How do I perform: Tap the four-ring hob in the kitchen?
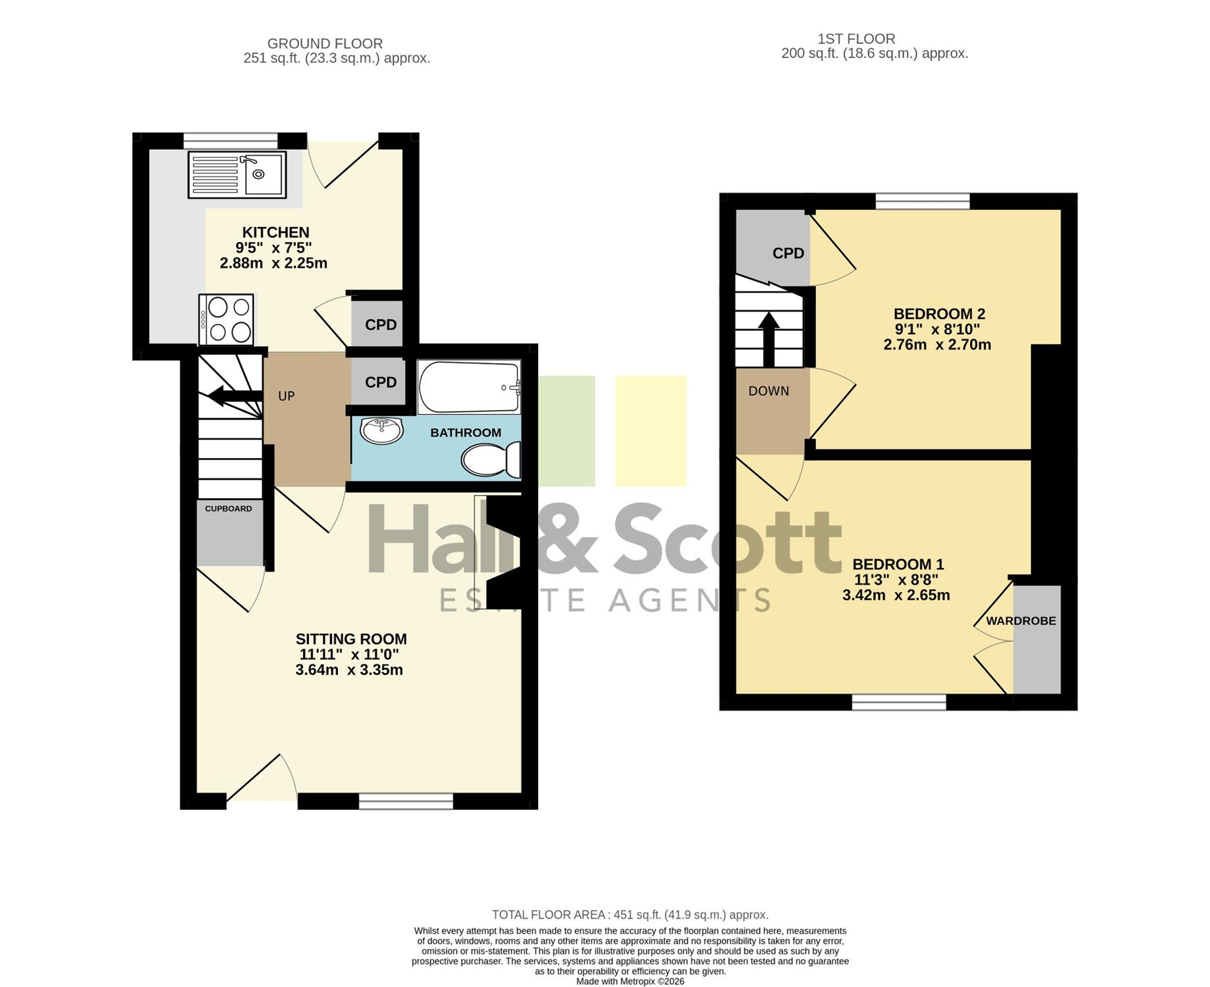(x=226, y=319)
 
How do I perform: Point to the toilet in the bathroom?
(x=491, y=459)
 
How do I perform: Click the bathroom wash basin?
(x=381, y=431)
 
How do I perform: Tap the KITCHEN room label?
(x=276, y=232)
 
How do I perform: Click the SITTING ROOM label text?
(x=351, y=639)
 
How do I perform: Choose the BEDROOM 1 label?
(x=898, y=565)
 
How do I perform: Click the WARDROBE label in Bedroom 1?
(x=1021, y=620)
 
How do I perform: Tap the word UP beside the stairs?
(x=286, y=396)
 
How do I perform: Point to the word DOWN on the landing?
(x=769, y=391)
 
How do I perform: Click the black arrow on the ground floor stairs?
(x=235, y=395)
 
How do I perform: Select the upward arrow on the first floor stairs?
(x=769, y=339)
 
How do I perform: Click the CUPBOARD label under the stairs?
(x=228, y=509)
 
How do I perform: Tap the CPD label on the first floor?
(x=788, y=253)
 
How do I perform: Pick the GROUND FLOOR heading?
(x=325, y=43)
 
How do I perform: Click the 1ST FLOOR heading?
(x=856, y=39)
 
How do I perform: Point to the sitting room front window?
(x=406, y=801)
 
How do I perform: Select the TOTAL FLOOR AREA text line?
(x=630, y=915)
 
